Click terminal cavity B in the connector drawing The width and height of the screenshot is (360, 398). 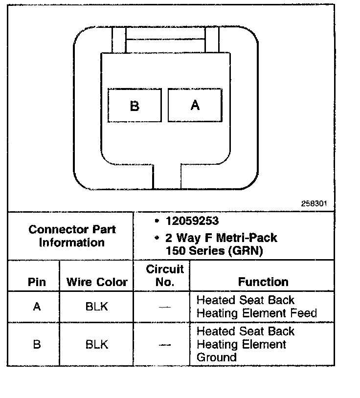(135, 105)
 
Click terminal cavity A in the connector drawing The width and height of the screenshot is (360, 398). (195, 105)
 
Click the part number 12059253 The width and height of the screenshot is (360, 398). (192, 221)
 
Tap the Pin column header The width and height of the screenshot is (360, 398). (37, 282)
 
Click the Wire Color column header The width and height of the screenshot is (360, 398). (97, 282)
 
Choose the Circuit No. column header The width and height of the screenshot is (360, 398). (165, 276)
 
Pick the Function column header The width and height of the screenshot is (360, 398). (263, 282)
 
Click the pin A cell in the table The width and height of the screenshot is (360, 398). (37, 307)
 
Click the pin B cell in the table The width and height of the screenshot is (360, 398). (37, 344)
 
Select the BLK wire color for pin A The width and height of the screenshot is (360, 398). (97, 307)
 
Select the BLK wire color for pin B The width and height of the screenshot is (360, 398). (97, 344)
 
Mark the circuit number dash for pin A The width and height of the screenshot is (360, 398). (165, 308)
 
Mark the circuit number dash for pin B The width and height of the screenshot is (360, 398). (165, 345)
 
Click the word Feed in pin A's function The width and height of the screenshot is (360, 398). (303, 313)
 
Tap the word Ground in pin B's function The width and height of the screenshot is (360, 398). (216, 357)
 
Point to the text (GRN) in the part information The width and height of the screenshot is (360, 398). (246, 251)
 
